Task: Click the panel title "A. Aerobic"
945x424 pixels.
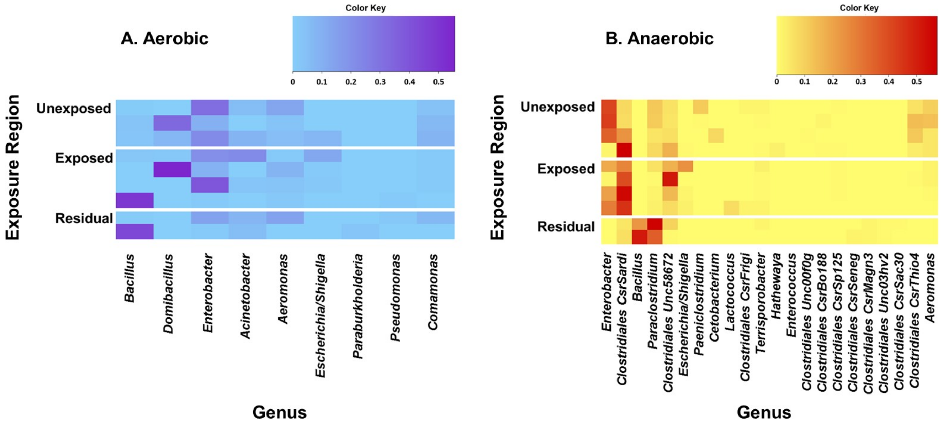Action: (164, 39)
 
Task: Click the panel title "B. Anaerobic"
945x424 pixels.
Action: (659, 39)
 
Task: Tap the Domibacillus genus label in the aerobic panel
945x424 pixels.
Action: (168, 293)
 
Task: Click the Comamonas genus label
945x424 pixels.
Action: (433, 292)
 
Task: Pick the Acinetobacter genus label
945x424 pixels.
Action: (245, 296)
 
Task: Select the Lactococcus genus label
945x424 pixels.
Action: (730, 292)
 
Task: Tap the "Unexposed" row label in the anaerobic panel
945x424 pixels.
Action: (558, 107)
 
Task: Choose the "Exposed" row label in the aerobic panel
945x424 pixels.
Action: (84, 158)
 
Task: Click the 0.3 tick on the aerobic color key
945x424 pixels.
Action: (380, 81)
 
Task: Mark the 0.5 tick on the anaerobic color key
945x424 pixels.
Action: (916, 81)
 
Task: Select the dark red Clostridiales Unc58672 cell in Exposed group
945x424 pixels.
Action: (670, 179)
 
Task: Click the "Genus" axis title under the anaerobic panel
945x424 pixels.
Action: (764, 412)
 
